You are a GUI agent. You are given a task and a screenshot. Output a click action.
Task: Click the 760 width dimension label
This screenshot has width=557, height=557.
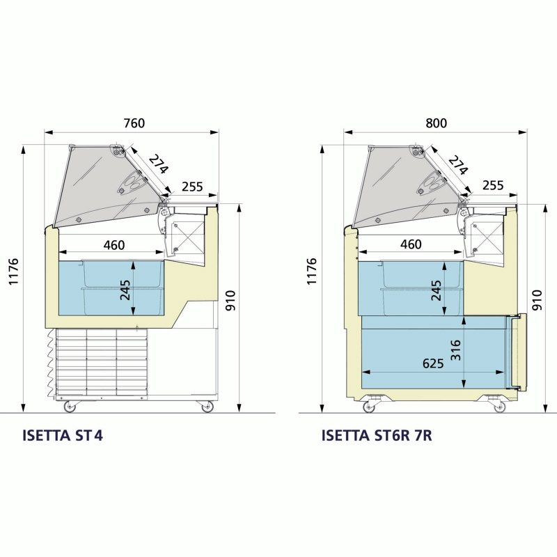(134, 123)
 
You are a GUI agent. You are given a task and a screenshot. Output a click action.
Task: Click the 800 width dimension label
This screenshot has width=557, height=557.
(437, 123)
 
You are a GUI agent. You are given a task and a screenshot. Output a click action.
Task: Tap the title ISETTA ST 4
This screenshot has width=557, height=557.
(63, 435)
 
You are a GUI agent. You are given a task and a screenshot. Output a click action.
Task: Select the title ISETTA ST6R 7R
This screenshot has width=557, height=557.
(377, 435)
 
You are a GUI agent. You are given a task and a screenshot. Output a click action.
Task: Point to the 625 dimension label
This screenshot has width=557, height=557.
(433, 363)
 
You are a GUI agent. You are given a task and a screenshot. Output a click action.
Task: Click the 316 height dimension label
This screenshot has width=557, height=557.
(456, 350)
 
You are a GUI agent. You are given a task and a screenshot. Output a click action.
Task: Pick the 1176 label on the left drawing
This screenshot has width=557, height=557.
(13, 272)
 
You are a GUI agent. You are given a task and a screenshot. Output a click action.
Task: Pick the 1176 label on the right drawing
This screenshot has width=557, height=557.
(311, 272)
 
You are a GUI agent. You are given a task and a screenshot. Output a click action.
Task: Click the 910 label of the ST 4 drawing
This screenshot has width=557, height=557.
(230, 301)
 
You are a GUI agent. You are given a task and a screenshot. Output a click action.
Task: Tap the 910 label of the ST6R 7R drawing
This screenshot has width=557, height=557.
(537, 301)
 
